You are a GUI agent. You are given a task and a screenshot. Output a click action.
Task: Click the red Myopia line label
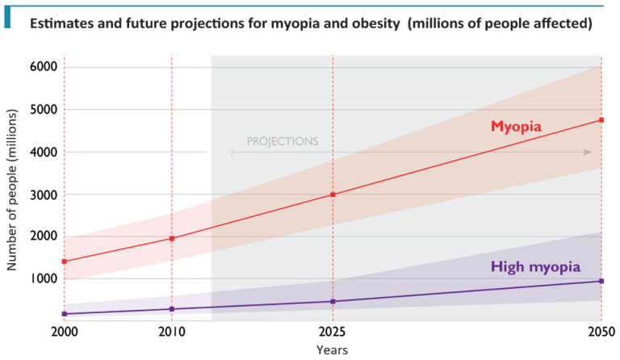pos(516,127)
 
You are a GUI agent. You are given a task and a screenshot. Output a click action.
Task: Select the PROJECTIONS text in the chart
pos(282,141)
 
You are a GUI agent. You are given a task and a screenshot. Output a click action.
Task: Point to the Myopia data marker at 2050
pos(601,120)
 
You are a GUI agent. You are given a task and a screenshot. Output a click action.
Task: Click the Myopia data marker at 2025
pos(333,195)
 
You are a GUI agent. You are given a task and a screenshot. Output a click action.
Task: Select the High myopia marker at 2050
pos(601,281)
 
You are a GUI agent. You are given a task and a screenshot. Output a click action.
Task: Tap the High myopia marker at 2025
pos(333,302)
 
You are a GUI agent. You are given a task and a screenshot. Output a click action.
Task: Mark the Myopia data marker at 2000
pos(64,261)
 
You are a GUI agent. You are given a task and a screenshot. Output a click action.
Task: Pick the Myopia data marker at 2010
pos(172,237)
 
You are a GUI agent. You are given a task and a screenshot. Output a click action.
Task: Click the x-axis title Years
pos(332,350)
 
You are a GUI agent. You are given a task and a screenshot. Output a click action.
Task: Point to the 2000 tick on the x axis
pos(64,331)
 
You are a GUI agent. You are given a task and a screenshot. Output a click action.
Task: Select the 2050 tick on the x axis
pos(601,331)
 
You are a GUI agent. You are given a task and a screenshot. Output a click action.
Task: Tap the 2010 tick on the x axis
pos(172,331)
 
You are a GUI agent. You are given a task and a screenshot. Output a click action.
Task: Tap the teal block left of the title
pos(7,22)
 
